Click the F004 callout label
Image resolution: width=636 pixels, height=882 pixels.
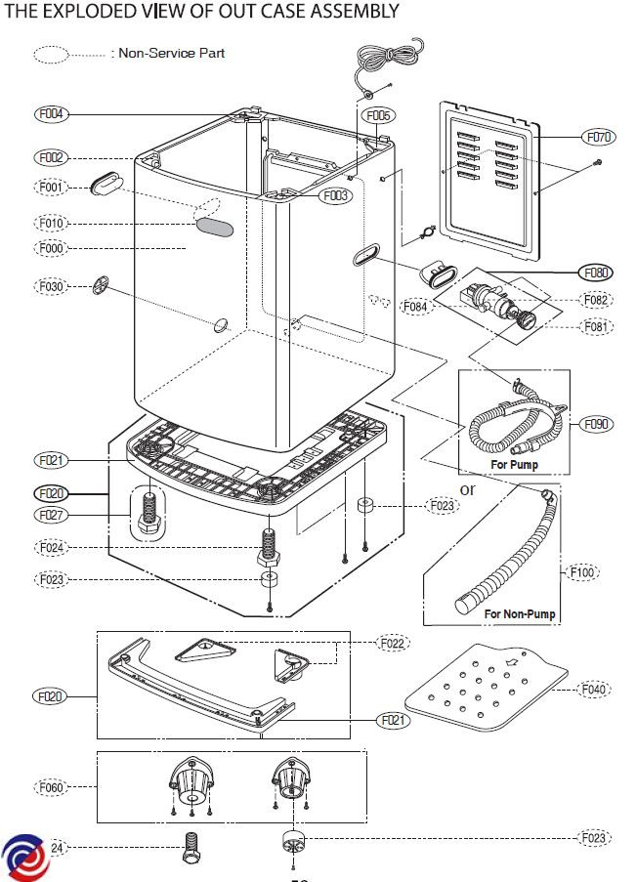(51, 114)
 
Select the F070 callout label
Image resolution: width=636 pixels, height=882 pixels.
(599, 138)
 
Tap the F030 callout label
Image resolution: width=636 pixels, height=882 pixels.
(51, 286)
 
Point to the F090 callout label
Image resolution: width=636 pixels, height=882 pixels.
(596, 424)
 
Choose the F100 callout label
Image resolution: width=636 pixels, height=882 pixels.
(582, 571)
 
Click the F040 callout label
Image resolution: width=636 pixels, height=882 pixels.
(593, 690)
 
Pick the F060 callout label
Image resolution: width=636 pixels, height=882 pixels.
(51, 786)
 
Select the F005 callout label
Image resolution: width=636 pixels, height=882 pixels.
(378, 116)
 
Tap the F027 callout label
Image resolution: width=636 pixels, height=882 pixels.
(51, 514)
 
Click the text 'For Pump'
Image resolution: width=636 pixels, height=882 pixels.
(514, 464)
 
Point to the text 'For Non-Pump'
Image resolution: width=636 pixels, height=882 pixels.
(520, 614)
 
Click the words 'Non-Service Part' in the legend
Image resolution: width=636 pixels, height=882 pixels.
(171, 53)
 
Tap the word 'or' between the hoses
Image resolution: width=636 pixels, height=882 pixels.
(467, 488)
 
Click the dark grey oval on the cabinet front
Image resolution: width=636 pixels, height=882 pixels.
(216, 228)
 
